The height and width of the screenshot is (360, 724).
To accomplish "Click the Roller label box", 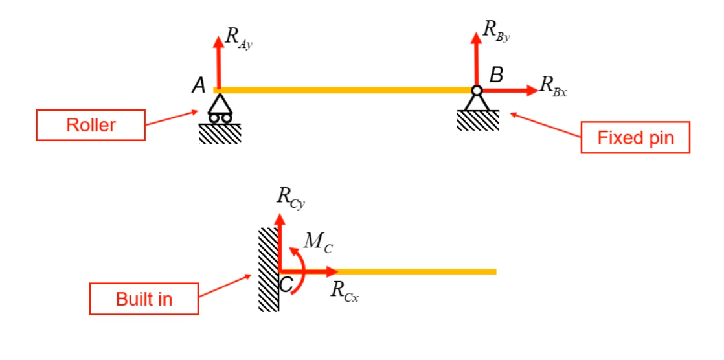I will coord(90,125).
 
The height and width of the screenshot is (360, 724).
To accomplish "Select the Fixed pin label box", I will coord(635,138).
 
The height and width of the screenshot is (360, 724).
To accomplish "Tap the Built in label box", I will coord(144,299).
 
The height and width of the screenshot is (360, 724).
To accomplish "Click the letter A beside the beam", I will coord(198,85).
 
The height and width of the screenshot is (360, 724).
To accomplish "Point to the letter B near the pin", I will coord(496,75).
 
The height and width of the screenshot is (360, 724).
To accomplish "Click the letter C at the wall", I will coord(286,283).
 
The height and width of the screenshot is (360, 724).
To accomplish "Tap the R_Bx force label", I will coord(554,85).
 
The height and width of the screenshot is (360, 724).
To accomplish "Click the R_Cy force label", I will coord(290,197).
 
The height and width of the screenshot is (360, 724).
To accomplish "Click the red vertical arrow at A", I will coord(218,62).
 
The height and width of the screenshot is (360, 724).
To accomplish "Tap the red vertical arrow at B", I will coord(477,58).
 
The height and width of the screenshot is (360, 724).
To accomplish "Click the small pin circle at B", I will coord(477,91).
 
